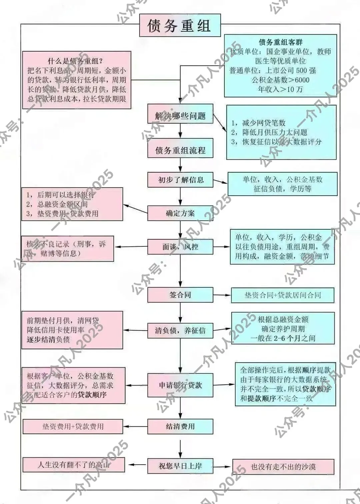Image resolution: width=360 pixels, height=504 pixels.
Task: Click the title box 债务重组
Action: (180, 25)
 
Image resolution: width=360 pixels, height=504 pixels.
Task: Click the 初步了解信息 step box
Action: (180, 180)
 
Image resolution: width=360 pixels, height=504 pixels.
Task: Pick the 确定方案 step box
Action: (180, 213)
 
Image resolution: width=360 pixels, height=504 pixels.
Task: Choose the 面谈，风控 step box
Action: (180, 247)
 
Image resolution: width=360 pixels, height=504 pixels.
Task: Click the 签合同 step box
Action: (180, 295)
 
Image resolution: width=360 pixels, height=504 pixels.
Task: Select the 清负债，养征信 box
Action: (180, 331)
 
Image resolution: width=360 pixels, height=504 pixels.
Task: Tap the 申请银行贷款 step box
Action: (180, 385)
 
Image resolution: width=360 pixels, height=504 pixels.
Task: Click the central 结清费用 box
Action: (180, 426)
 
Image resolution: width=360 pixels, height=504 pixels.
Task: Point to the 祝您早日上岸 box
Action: (180, 466)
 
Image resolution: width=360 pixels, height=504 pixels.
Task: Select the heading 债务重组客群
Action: (280, 42)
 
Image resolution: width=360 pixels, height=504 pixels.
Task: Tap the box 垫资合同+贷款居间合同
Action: (283, 295)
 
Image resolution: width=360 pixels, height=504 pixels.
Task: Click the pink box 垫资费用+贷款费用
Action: (73, 426)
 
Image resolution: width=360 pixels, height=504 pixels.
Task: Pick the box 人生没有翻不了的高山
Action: (74, 465)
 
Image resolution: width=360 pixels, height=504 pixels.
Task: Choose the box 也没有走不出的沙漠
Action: (283, 467)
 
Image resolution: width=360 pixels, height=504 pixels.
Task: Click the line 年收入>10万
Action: (280, 89)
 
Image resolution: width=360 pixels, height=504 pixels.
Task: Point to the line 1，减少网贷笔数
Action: (259, 123)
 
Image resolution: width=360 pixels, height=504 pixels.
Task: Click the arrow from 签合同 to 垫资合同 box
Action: (222, 295)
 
